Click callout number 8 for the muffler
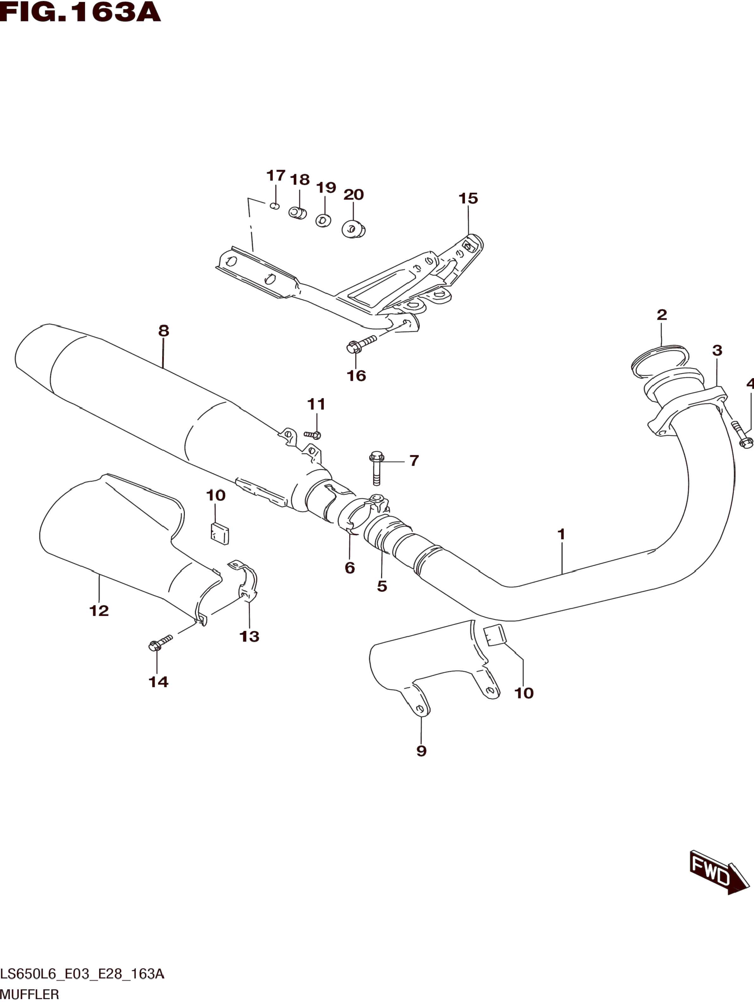(x=164, y=331)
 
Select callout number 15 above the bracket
(x=468, y=198)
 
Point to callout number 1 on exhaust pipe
(x=561, y=534)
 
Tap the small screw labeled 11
(x=313, y=434)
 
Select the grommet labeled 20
(x=354, y=229)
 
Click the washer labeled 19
(x=323, y=221)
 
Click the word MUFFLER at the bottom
(x=30, y=994)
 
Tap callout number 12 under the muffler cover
(x=99, y=611)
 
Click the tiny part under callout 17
(x=274, y=206)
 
